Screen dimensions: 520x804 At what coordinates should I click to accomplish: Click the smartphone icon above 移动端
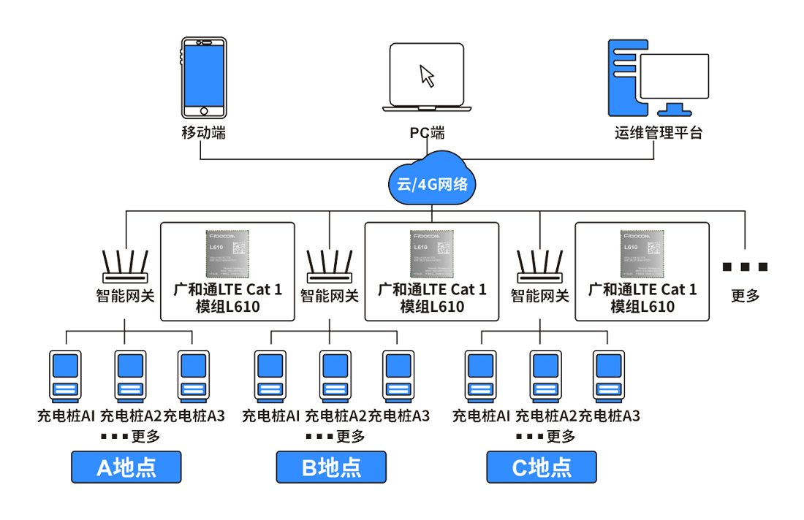(x=204, y=77)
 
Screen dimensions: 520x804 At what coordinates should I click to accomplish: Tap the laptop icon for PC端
(x=427, y=77)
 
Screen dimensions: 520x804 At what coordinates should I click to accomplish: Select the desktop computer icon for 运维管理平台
(x=659, y=77)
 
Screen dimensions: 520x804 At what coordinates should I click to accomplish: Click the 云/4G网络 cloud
(x=432, y=178)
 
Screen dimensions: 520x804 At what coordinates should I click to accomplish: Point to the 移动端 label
(x=203, y=133)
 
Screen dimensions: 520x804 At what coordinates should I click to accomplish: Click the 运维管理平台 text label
(x=658, y=133)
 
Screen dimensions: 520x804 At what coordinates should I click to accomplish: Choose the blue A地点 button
(x=126, y=467)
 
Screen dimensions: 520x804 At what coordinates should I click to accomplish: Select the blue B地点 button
(x=330, y=467)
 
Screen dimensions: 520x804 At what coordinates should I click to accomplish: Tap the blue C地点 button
(x=542, y=467)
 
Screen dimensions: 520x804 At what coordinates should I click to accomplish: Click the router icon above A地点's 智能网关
(x=125, y=267)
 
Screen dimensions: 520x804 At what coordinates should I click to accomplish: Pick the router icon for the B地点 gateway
(x=330, y=267)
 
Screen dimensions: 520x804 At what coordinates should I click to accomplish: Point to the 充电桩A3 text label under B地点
(x=399, y=416)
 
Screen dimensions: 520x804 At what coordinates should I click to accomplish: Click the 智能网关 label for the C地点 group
(x=539, y=296)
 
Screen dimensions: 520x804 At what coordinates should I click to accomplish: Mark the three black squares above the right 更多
(x=745, y=267)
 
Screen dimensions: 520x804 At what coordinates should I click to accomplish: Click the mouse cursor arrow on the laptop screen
(x=427, y=75)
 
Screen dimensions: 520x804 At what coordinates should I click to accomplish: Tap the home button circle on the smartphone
(x=204, y=111)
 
